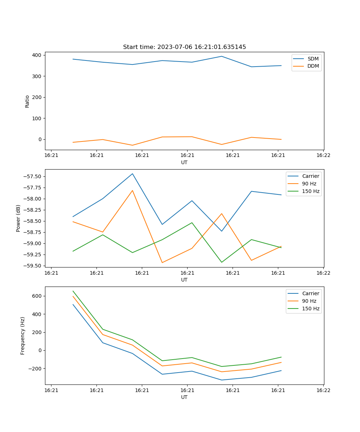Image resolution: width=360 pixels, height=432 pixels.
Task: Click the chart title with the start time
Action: pyautogui.click(x=184, y=47)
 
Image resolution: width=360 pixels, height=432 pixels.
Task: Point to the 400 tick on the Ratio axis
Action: pyautogui.click(x=37, y=55)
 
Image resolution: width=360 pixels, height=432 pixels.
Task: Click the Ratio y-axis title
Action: pyautogui.click(x=27, y=101)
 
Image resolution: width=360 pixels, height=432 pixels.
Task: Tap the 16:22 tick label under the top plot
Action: pyautogui.click(x=323, y=156)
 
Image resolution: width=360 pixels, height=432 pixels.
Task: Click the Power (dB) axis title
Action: pyautogui.click(x=18, y=218)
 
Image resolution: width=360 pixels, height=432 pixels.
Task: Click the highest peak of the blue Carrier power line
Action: pyautogui.click(x=132, y=174)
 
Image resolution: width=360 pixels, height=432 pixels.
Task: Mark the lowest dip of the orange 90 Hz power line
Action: pyautogui.click(x=162, y=262)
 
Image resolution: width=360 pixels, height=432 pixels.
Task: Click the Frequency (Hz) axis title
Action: pyautogui.click(x=23, y=336)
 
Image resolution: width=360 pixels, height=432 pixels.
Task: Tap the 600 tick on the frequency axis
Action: pyautogui.click(x=37, y=296)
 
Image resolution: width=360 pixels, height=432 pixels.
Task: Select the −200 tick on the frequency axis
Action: pyautogui.click(x=35, y=368)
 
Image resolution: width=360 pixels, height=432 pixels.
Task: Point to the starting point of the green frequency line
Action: pyautogui.click(x=73, y=291)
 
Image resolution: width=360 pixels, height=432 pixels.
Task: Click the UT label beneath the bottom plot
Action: pyautogui.click(x=184, y=397)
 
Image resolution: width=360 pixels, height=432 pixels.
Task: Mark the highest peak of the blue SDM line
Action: pyautogui.click(x=221, y=56)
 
